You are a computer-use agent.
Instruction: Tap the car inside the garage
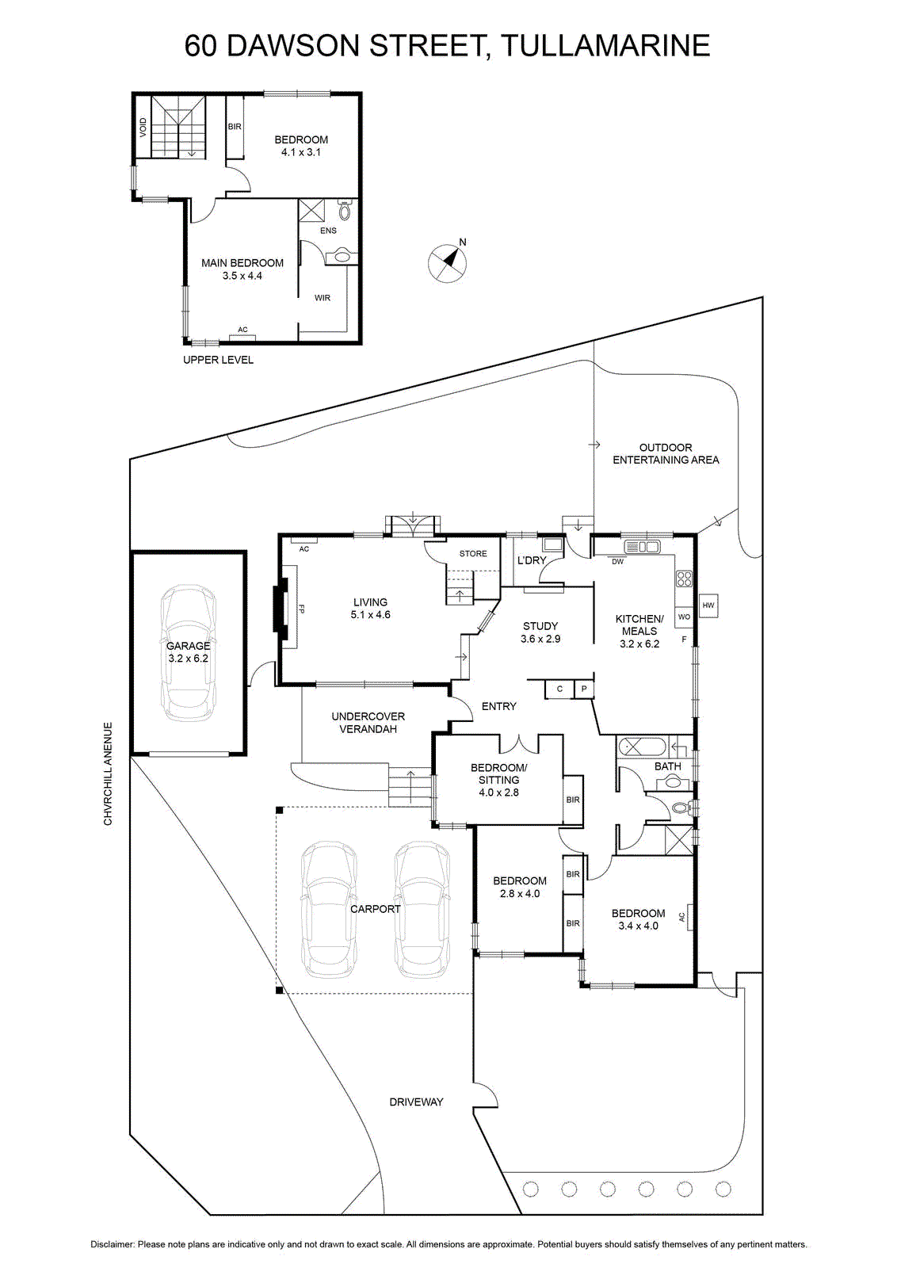point(188,653)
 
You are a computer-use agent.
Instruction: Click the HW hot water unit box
point(708,605)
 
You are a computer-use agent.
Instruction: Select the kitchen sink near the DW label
point(642,547)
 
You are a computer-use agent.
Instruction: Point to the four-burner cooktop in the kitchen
point(684,579)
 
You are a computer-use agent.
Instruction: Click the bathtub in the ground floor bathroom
point(643,747)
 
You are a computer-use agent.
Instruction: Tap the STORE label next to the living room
point(473,554)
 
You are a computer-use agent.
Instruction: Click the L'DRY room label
point(532,560)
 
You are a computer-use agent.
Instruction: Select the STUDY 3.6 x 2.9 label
point(540,632)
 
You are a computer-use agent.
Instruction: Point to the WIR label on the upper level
point(322,298)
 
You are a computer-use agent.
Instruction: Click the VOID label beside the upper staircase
point(143,128)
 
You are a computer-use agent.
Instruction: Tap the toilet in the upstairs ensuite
point(344,210)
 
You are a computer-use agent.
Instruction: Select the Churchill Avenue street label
point(108,773)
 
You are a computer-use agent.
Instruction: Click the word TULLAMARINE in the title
point(606,46)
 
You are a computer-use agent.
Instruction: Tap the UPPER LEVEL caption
point(218,360)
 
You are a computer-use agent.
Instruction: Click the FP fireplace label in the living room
point(302,609)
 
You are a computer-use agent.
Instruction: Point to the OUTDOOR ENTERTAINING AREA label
point(666,453)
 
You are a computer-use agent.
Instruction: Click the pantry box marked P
point(583,689)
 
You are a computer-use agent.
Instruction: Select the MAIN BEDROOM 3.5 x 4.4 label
point(242,269)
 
